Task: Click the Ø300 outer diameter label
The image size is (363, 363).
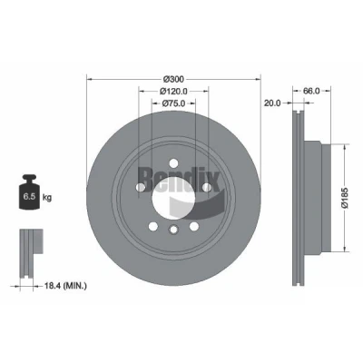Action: coord(173,79)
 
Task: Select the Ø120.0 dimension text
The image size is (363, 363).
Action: coord(173,91)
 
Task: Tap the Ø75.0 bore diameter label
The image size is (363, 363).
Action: coord(173,103)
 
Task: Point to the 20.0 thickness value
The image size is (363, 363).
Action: coord(272,103)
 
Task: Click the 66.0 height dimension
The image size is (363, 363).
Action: coord(311,91)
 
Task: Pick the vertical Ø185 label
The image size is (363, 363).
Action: coord(345,198)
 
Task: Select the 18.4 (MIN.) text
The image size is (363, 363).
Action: coord(65,286)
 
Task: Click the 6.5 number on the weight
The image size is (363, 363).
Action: coord(29,197)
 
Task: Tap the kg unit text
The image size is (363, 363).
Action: coord(47,198)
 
